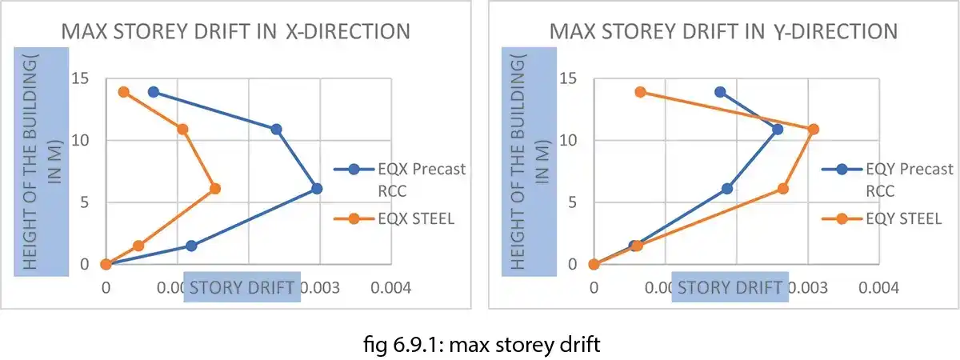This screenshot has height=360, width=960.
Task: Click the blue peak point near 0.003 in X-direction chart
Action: pos(317,189)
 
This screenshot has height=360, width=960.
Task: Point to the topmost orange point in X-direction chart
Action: pos(123,92)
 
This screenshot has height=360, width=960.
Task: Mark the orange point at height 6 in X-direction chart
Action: pos(214,189)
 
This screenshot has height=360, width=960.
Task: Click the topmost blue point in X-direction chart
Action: pos(153,92)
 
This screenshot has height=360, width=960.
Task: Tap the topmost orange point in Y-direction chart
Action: pos(640,92)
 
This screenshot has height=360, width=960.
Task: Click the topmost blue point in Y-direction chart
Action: pos(720,92)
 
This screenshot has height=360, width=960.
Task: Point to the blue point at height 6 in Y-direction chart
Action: pos(726,189)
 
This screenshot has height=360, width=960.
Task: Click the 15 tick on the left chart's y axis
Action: pos(79,79)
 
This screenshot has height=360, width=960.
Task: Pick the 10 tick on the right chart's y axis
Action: pos(567,141)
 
